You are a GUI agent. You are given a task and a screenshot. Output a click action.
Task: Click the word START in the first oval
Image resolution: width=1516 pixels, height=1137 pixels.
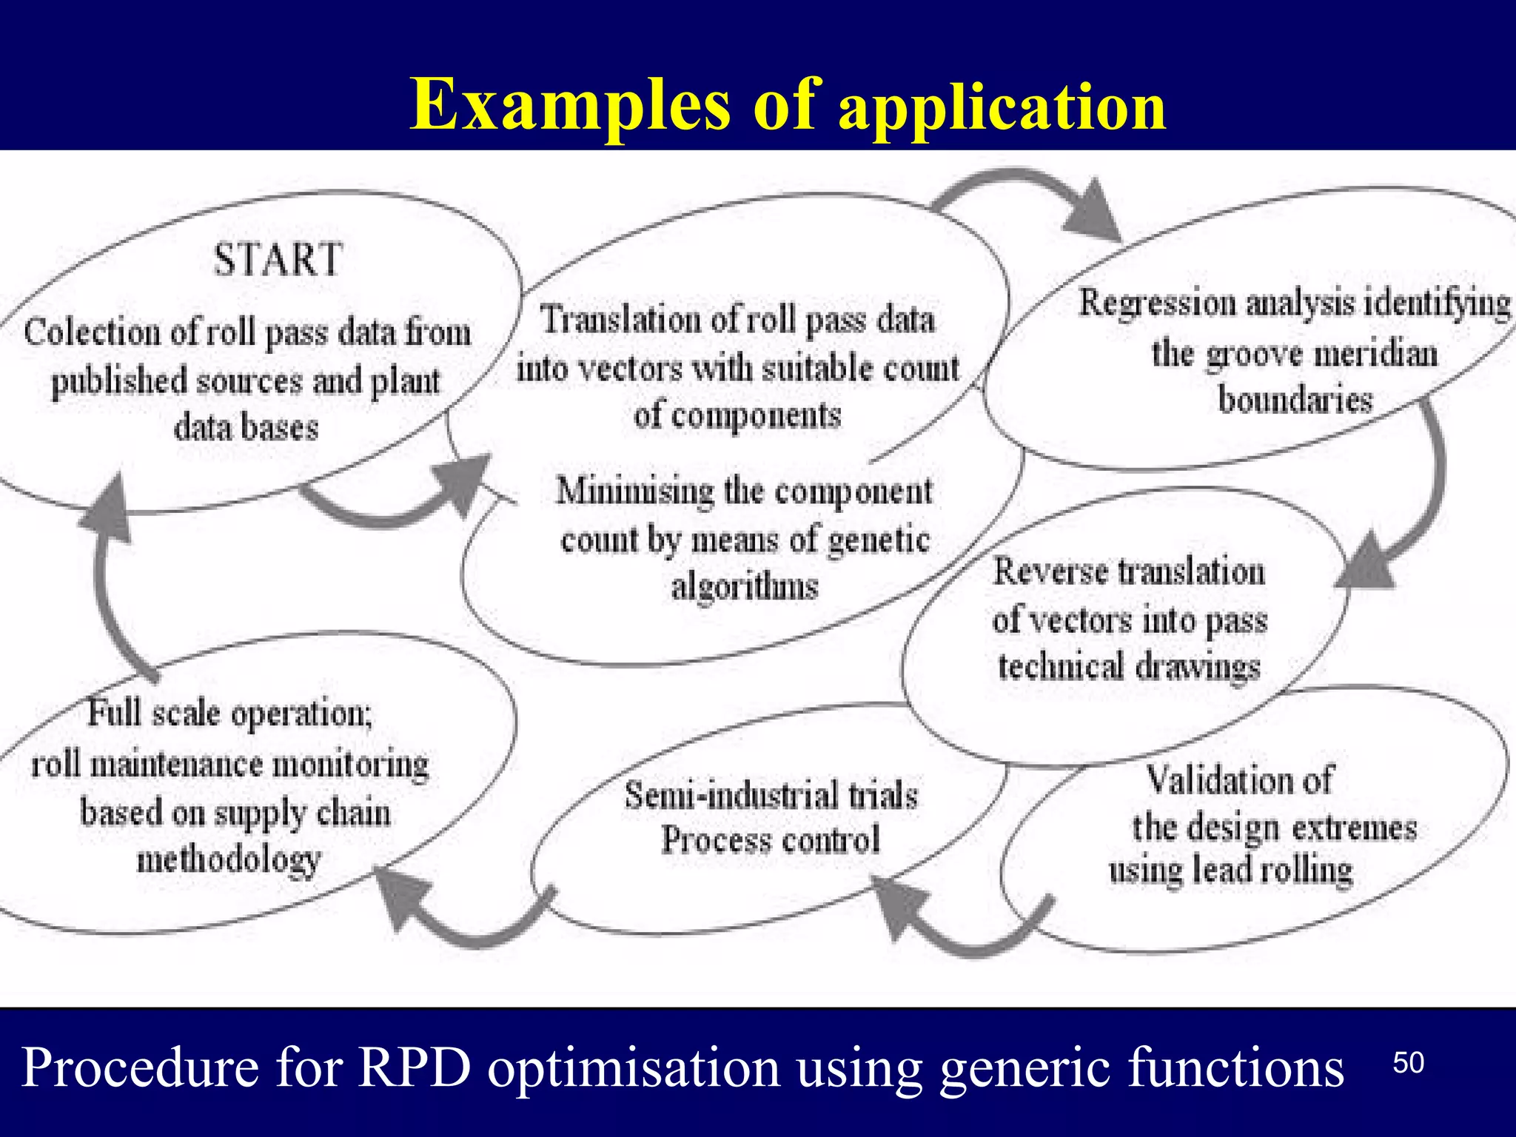[278, 261]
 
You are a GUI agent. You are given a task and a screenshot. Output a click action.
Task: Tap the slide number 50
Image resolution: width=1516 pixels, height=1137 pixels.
[1408, 1063]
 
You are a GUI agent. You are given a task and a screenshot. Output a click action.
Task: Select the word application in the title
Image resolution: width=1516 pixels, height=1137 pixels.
[1002, 108]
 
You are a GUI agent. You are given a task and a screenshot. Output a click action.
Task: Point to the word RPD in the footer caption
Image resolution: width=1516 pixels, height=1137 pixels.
[415, 1067]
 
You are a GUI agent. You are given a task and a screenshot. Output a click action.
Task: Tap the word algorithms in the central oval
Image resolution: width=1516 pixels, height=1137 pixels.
[745, 588]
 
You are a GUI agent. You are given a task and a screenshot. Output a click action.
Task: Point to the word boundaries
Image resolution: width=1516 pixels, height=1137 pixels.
[1295, 400]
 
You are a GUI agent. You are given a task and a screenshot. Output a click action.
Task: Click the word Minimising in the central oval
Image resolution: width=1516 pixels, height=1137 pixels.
[634, 492]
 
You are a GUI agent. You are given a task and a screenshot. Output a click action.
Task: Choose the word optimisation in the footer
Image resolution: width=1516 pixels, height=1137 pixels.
[634, 1067]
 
